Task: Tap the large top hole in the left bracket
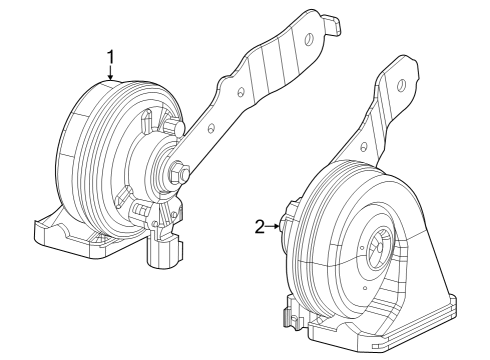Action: [x=309, y=40]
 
